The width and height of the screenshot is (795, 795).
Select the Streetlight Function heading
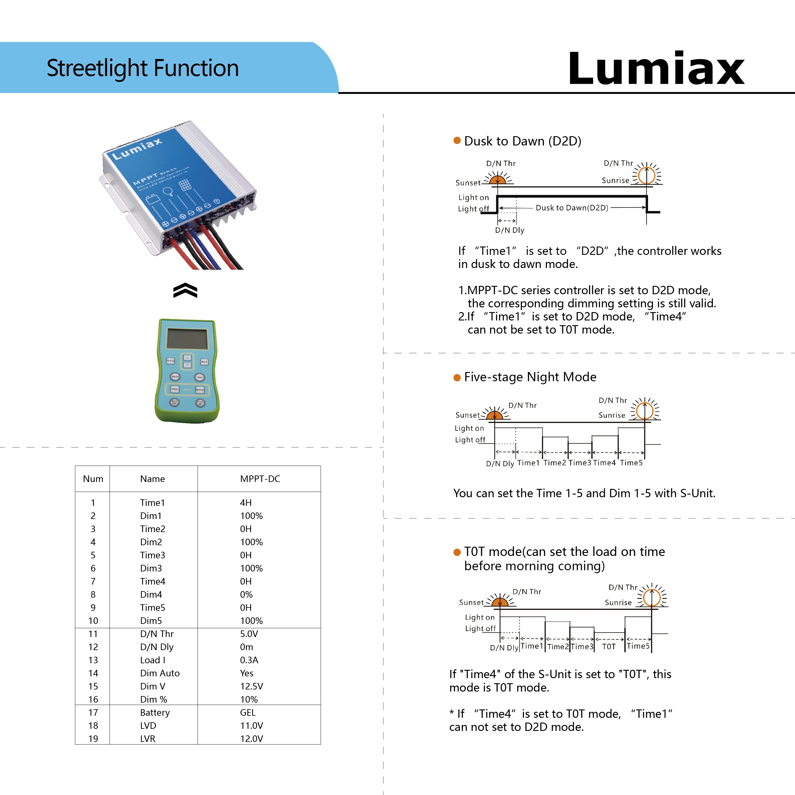click(142, 68)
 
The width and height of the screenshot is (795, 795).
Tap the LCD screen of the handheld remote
click(187, 339)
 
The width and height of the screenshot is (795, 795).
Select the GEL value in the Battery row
click(248, 712)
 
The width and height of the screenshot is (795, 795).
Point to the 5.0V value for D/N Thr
click(249, 634)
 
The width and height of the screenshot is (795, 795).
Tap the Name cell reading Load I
click(153, 660)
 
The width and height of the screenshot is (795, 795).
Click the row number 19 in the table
click(93, 739)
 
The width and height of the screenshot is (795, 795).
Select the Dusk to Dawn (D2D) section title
click(523, 141)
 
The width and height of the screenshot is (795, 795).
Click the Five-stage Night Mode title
click(530, 377)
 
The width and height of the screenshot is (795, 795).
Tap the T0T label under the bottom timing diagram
click(609, 647)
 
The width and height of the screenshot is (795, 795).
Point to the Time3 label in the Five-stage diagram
click(579, 463)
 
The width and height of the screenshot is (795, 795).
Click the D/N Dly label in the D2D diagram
click(509, 230)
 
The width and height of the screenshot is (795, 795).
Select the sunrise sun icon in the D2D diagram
click(647, 175)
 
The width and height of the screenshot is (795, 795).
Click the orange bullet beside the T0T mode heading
click(457, 552)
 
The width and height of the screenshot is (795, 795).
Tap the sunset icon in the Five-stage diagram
click(495, 414)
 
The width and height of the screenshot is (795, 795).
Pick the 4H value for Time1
click(246, 503)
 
